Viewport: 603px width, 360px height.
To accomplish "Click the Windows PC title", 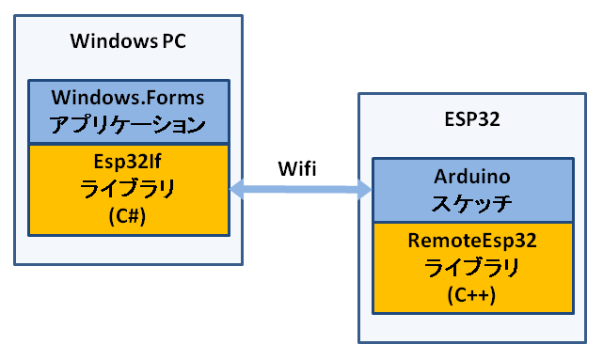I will (x=127, y=41).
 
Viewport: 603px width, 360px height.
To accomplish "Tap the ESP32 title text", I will (x=471, y=120).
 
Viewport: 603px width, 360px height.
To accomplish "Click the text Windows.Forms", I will (x=127, y=97).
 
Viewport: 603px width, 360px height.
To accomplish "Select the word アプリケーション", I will (x=127, y=123).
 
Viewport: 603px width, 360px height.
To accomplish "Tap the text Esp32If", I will (x=127, y=158).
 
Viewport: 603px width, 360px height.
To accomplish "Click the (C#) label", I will (x=127, y=213).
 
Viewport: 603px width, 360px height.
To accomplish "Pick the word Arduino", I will (x=471, y=176).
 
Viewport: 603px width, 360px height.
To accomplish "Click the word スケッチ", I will (x=471, y=201).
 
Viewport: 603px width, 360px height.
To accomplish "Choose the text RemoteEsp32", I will (x=471, y=241).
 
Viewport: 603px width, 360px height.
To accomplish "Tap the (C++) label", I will (x=471, y=295).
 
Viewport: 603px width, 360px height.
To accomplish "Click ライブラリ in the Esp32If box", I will (x=127, y=186).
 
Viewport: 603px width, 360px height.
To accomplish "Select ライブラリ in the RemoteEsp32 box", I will (x=471, y=268).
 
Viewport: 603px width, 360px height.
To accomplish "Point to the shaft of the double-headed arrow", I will (x=301, y=190).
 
